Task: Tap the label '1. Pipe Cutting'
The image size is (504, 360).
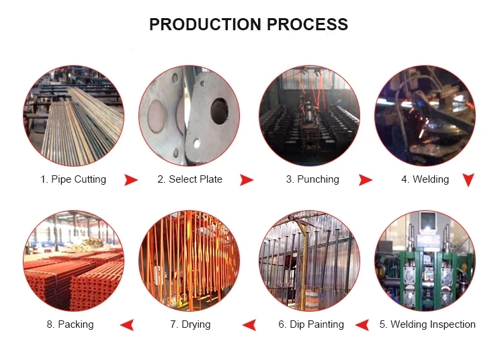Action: [73, 179]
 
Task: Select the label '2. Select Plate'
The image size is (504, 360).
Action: [190, 179]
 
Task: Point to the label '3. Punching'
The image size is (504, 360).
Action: [312, 179]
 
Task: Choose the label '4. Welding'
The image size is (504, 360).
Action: [425, 179]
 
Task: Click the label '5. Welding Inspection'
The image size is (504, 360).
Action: [427, 324]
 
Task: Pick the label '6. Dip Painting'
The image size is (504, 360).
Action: [311, 324]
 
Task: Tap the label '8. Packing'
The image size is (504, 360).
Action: [71, 324]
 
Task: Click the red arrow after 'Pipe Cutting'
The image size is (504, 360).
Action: [131, 180]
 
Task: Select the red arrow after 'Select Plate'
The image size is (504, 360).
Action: [247, 180]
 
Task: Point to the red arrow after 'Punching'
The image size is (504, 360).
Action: [365, 180]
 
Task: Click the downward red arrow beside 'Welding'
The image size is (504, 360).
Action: [468, 180]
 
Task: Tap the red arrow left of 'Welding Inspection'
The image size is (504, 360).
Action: [362, 325]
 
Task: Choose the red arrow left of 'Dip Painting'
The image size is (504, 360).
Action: [249, 325]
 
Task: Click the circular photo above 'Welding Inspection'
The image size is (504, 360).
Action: [425, 260]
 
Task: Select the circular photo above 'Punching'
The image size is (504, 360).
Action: [309, 116]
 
